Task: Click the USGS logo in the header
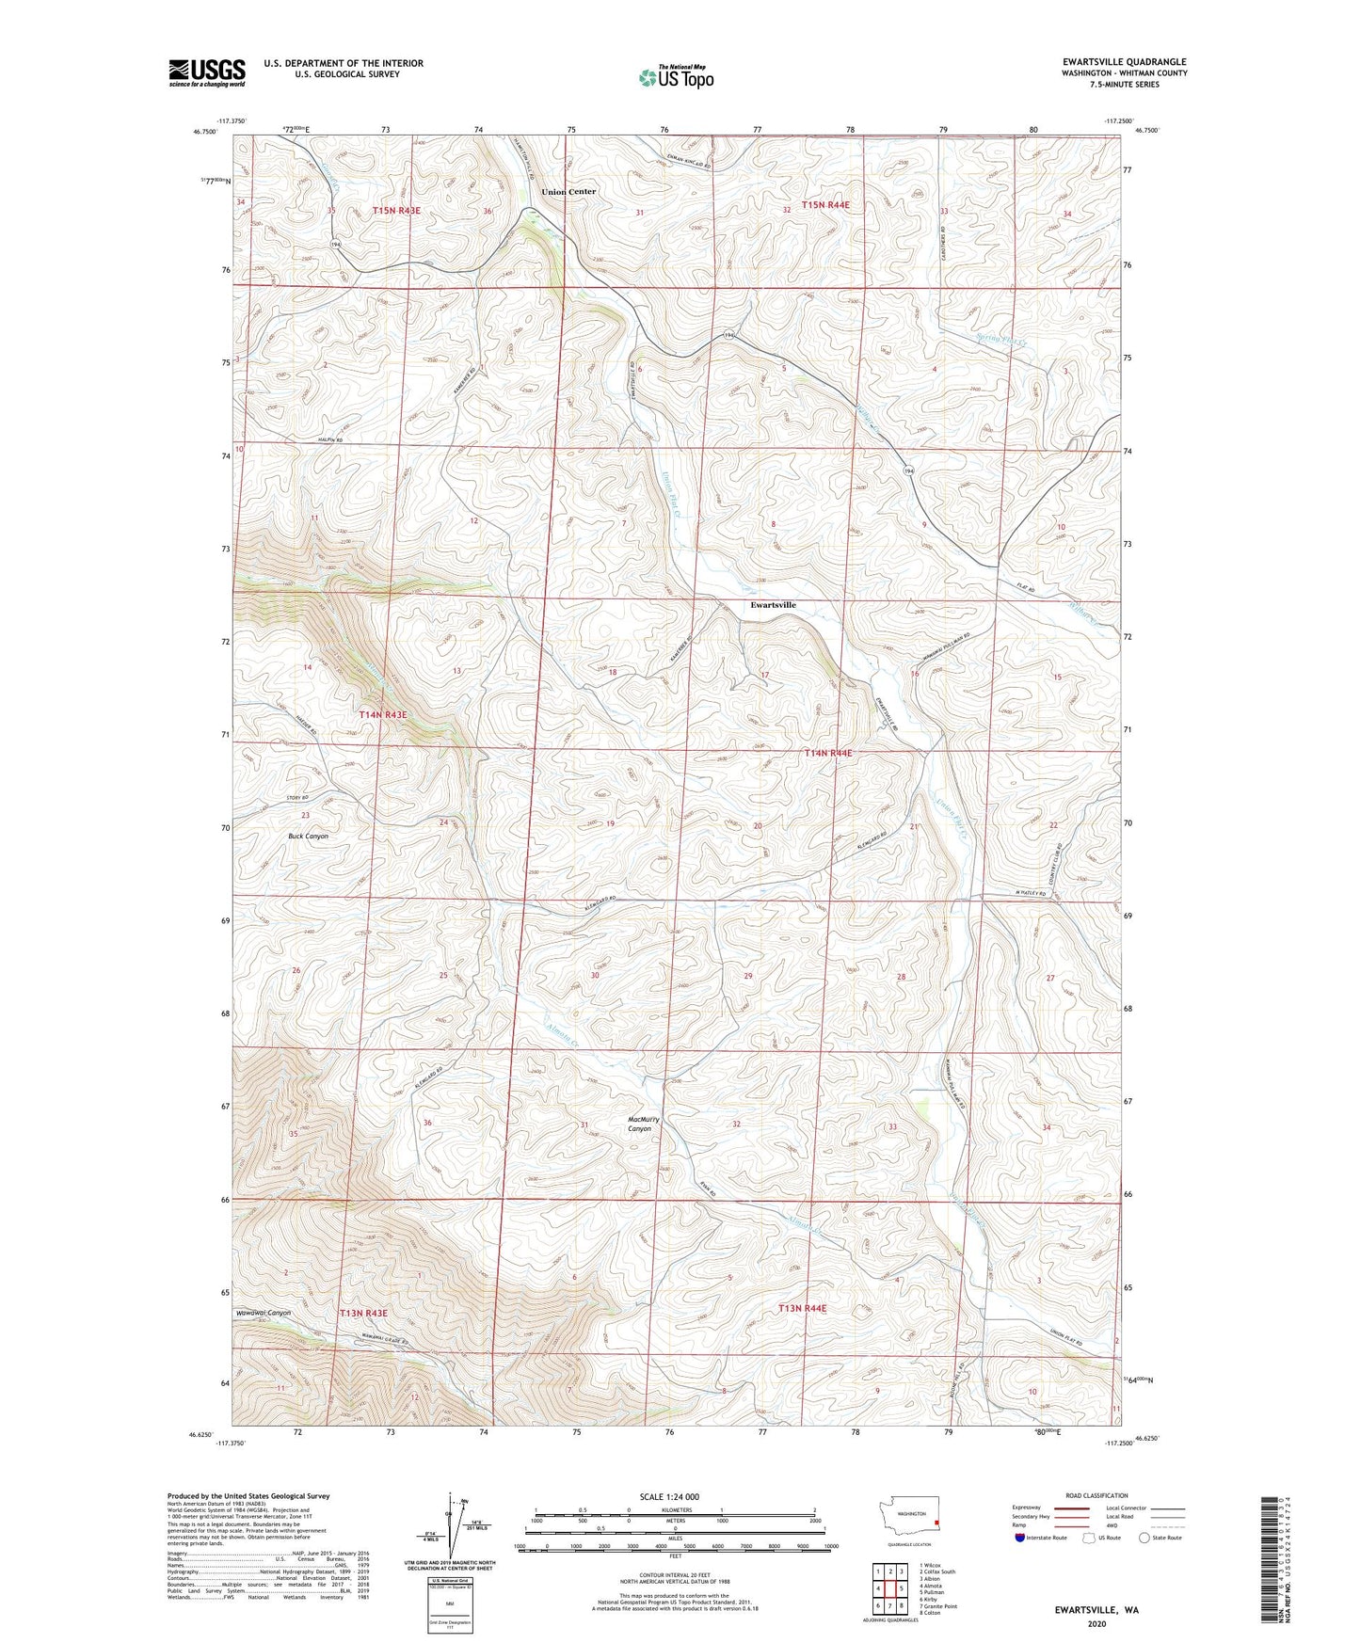(207, 72)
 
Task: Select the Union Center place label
(568, 192)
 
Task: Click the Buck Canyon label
(308, 836)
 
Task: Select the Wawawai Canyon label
(264, 1312)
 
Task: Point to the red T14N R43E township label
(383, 715)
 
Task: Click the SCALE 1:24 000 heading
(668, 1496)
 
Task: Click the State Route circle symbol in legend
(1144, 1538)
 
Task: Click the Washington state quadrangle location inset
(909, 1520)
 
